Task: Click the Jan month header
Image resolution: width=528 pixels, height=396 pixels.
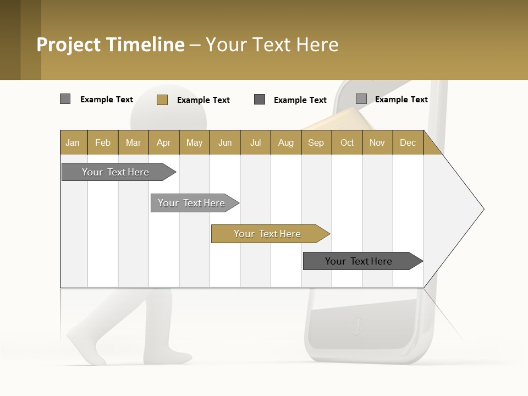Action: point(73,142)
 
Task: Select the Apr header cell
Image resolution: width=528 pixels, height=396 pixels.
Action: point(163,142)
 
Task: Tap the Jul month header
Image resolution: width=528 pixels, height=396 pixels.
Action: point(255,142)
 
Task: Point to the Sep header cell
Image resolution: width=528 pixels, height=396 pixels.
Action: point(316,142)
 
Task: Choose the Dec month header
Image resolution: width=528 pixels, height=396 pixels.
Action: point(408,142)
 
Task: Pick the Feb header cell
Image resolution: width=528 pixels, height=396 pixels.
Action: point(103,142)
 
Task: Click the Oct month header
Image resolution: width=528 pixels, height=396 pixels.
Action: point(347,142)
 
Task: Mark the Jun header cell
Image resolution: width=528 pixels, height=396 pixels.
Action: point(225,142)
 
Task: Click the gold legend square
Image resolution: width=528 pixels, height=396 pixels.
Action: point(162,100)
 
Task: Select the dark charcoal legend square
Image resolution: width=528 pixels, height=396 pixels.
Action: point(260,99)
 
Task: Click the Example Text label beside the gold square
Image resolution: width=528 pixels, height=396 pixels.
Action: point(204,100)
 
